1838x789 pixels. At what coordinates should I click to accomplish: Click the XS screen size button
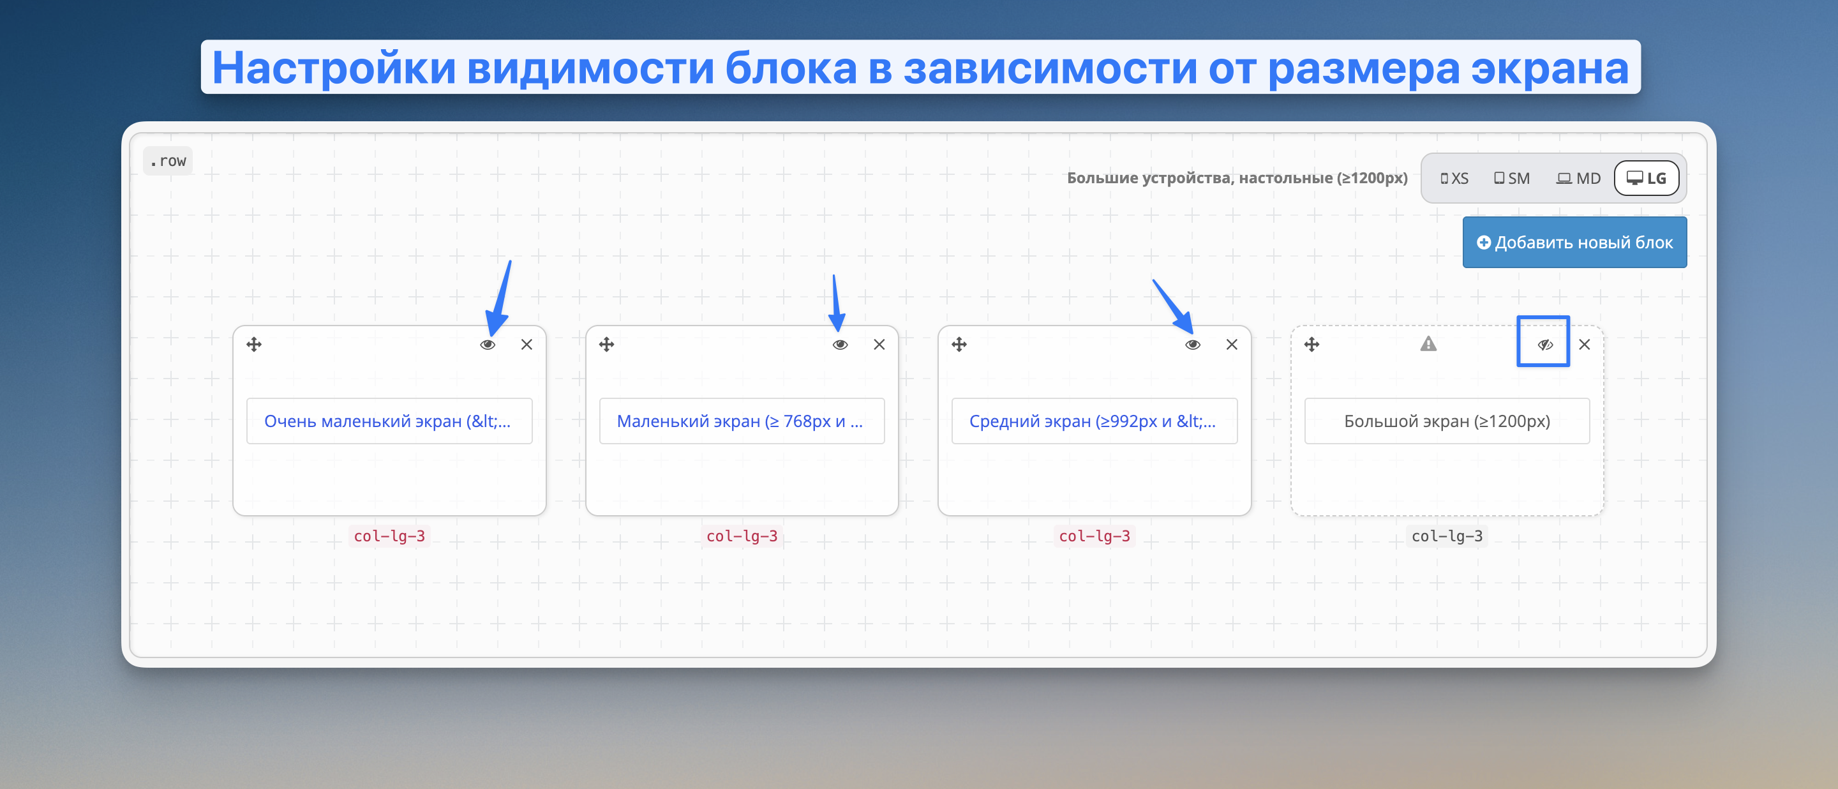pos(1454,178)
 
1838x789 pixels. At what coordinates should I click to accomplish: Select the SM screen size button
pos(1511,178)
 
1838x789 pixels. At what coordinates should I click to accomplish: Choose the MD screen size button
pos(1578,178)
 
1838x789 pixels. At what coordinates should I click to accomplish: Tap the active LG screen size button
pos(1646,178)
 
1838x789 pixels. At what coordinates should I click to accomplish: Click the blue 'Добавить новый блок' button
pos(1574,243)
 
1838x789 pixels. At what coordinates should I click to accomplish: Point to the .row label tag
pos(168,162)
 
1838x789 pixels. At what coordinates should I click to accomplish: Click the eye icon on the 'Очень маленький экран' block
pos(488,345)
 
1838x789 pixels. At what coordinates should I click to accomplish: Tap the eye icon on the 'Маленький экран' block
pos(840,345)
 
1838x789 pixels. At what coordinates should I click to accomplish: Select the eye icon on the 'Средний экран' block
pos(1192,345)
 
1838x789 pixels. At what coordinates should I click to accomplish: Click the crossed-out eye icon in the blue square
pos(1544,345)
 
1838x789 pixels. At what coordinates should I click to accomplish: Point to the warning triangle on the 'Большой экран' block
pos(1428,344)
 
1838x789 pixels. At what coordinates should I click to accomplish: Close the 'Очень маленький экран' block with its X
pos(527,345)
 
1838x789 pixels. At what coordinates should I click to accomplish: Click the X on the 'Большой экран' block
pos(1584,345)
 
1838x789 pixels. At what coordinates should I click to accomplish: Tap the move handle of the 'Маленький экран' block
pos(606,345)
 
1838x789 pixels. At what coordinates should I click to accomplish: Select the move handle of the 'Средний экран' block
pos(959,345)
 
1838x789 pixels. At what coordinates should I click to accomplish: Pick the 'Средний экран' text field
pos(1095,421)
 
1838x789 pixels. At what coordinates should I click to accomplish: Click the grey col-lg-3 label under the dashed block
pos(1447,536)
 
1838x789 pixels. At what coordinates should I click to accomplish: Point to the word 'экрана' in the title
pos(1550,68)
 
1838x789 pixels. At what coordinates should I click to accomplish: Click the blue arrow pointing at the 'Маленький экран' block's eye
pos(836,303)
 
